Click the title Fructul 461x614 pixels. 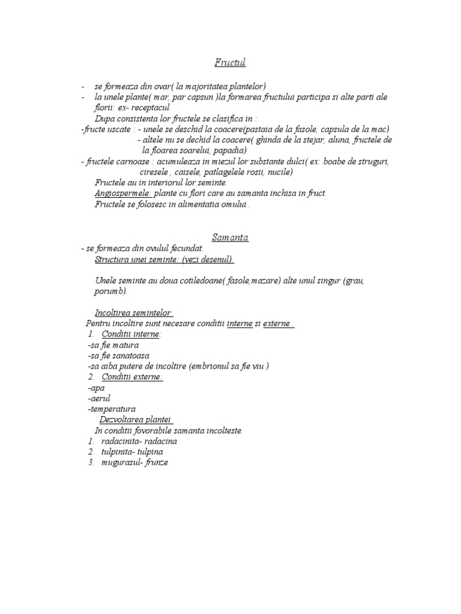click(x=230, y=63)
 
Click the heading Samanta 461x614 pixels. click(x=230, y=237)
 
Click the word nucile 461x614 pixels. click(x=278, y=172)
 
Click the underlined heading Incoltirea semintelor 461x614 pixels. click(x=133, y=313)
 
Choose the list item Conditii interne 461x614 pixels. click(x=130, y=335)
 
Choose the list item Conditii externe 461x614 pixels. click(x=131, y=377)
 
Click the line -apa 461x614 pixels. click(x=96, y=388)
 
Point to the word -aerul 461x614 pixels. click(x=99, y=398)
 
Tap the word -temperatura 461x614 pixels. click(x=111, y=409)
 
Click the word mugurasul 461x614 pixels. click(x=118, y=462)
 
